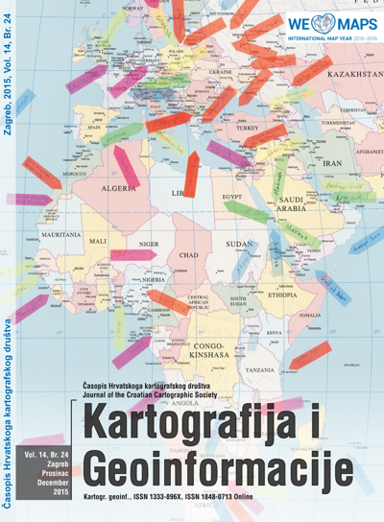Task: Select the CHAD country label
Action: [188, 255]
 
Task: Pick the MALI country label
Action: [98, 241]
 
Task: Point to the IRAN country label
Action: [332, 164]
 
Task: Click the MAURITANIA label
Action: [60, 234]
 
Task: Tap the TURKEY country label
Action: [248, 128]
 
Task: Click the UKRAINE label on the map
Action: [221, 72]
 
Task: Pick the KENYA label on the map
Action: [274, 332]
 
